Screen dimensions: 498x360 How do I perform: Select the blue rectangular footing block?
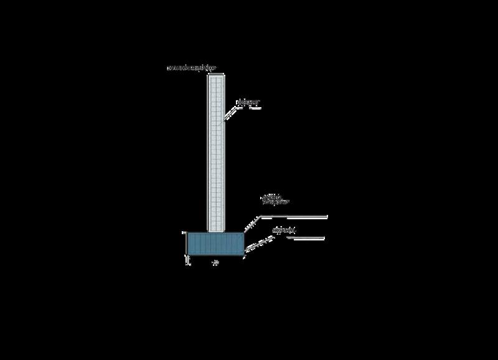click(215, 244)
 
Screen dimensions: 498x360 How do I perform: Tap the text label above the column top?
click(189, 67)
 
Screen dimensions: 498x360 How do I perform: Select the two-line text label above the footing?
click(273, 200)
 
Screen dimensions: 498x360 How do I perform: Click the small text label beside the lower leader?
click(284, 231)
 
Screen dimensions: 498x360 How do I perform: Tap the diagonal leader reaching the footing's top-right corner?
click(251, 225)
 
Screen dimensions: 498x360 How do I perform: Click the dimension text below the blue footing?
click(215, 263)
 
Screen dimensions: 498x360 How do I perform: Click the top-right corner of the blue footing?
click(243, 233)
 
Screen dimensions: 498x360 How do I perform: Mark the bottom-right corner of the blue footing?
click(243, 255)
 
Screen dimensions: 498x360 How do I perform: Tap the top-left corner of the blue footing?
click(188, 233)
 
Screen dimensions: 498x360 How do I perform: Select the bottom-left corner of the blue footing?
click(188, 255)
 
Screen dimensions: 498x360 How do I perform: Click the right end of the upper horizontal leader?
click(327, 216)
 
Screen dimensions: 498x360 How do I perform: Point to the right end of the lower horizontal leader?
click(326, 237)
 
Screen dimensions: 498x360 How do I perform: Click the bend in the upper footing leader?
click(260, 216)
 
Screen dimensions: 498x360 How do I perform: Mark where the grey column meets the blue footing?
click(215, 233)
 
